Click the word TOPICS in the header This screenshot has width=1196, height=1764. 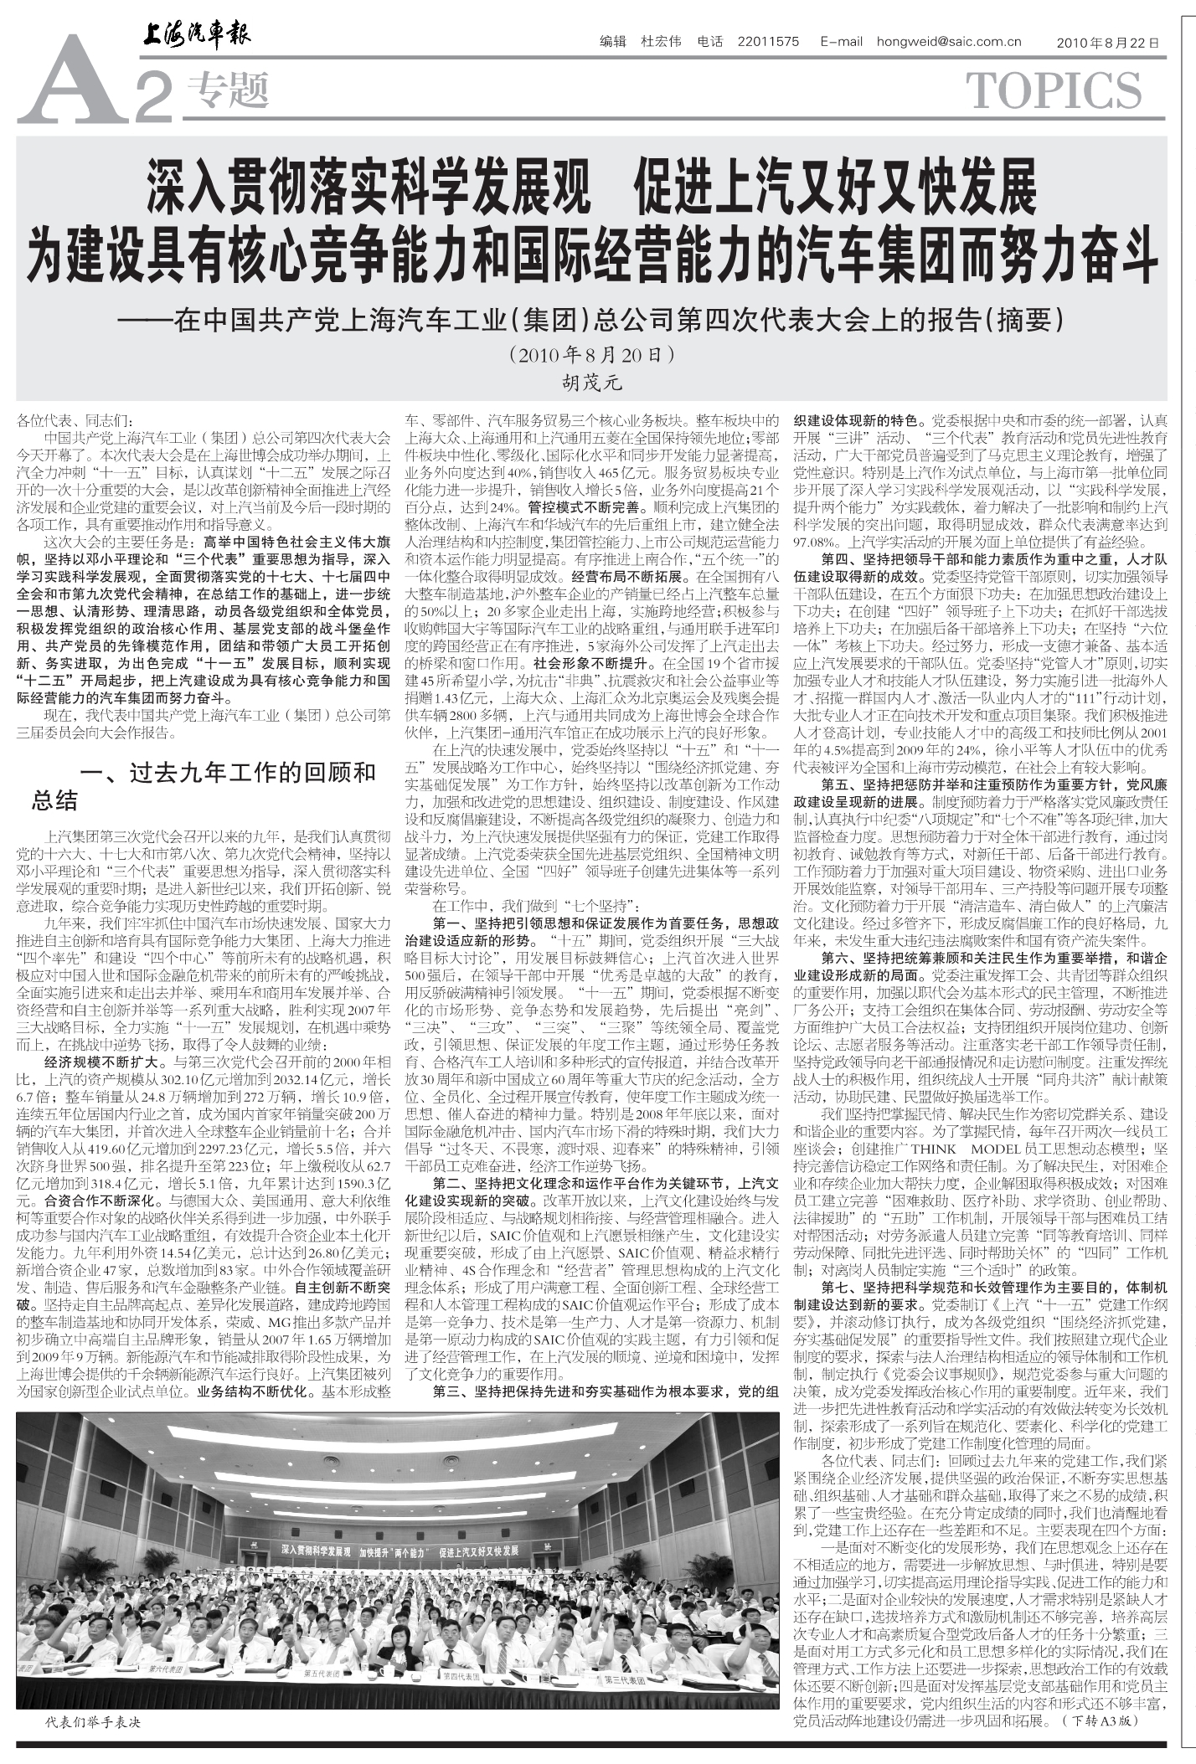(x=1054, y=91)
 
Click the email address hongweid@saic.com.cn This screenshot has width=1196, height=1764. (x=949, y=42)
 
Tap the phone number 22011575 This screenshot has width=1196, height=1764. (x=768, y=42)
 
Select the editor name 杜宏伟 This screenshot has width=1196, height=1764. (x=661, y=42)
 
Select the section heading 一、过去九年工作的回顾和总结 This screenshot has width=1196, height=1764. (x=205, y=785)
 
